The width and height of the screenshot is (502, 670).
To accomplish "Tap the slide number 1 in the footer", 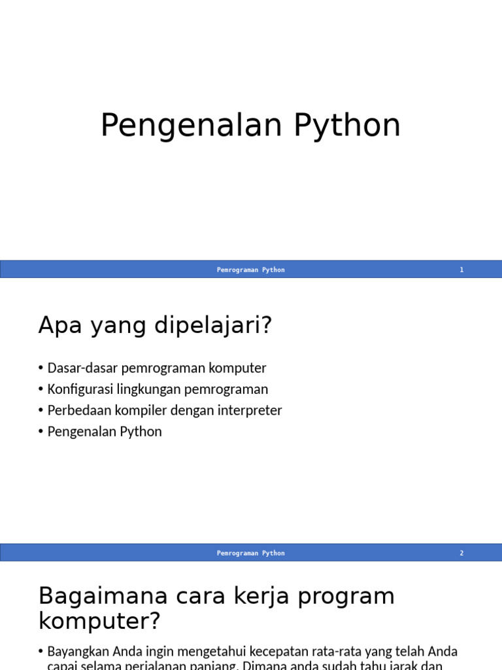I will point(461,270).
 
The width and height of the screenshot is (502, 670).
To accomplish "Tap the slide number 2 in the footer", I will point(461,553).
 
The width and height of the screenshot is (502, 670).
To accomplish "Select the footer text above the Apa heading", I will point(251,270).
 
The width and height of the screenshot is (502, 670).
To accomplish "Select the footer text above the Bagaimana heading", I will point(251,553).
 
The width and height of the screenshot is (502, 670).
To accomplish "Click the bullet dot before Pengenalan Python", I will point(41,432).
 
